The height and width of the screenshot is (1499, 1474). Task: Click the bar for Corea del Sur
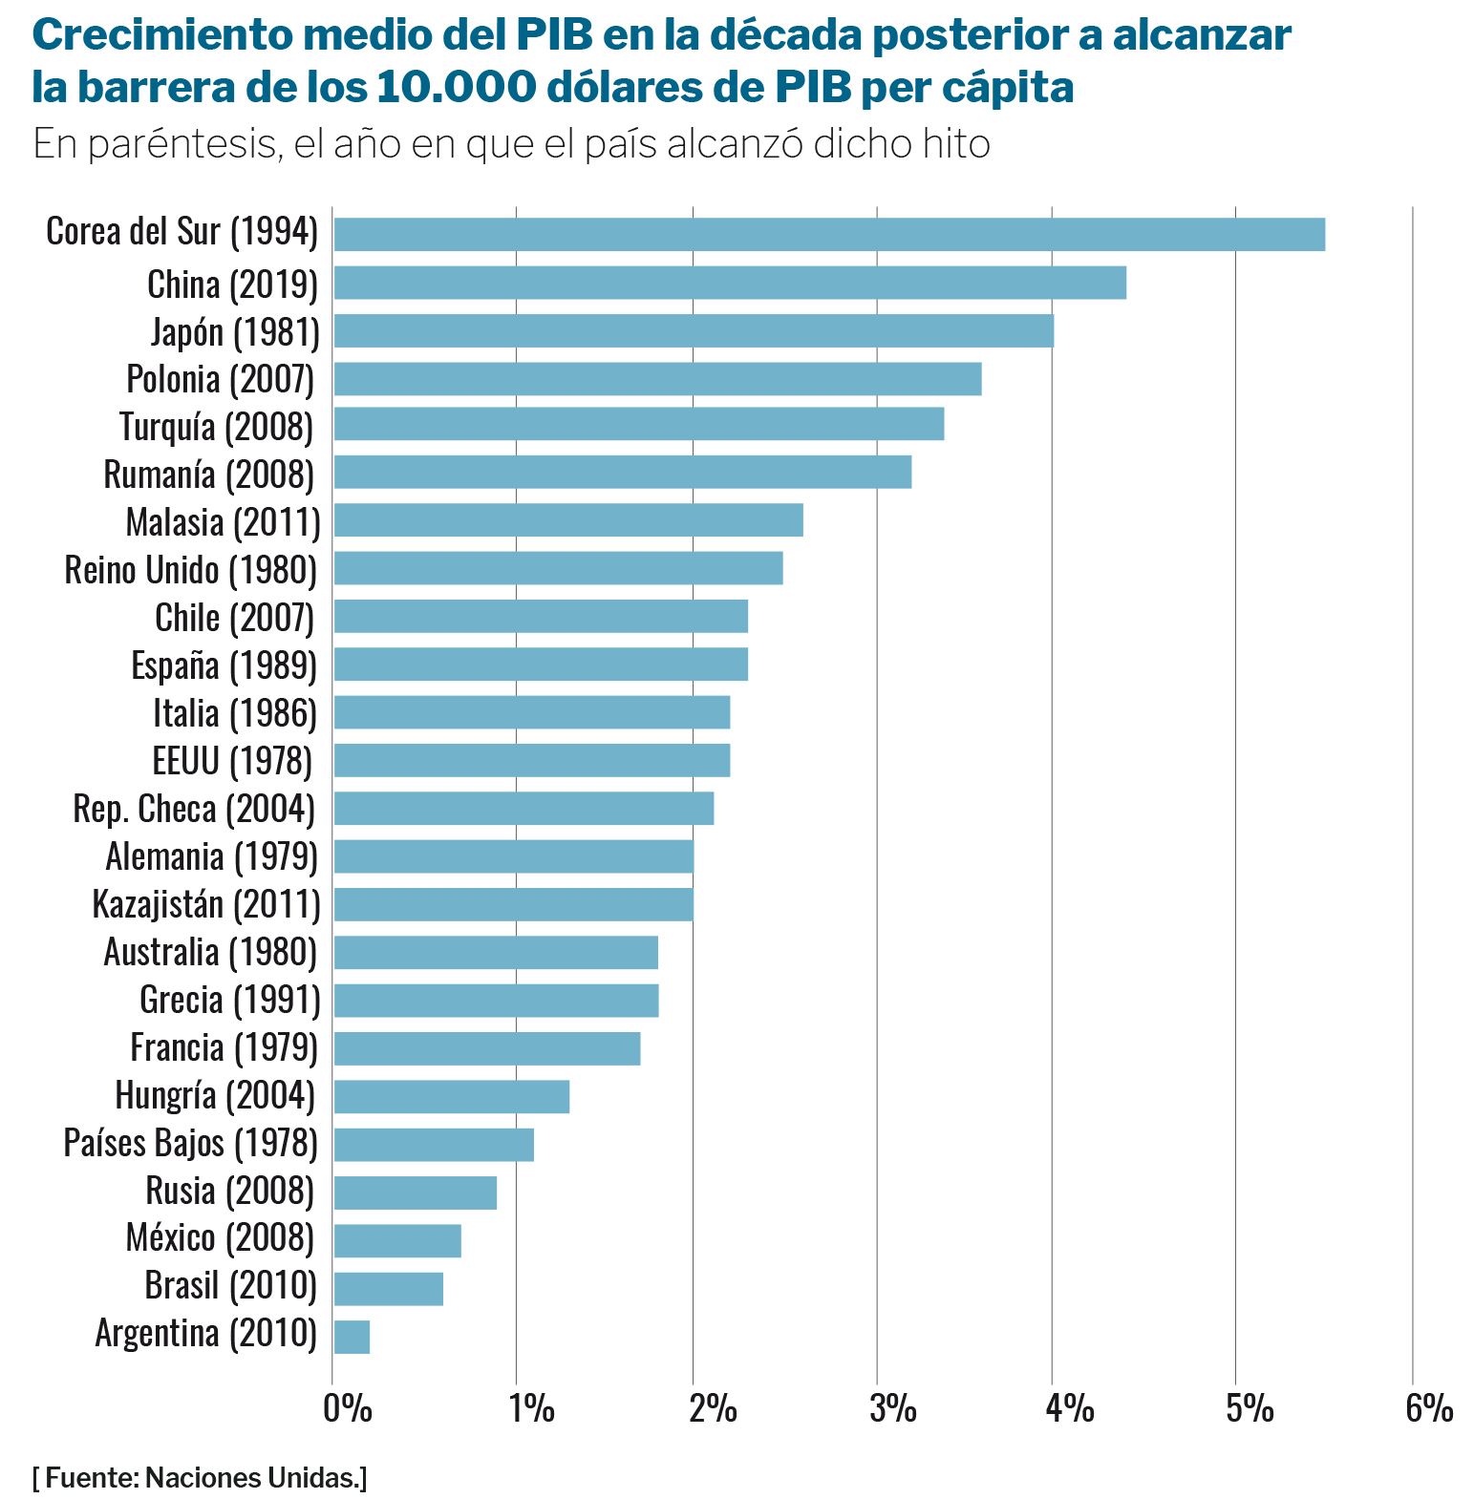828,234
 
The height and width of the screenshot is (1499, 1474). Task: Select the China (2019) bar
729,283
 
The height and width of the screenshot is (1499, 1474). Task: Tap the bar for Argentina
352,1336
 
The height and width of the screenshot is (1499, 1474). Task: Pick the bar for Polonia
657,378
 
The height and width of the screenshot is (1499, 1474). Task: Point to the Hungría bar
451,1096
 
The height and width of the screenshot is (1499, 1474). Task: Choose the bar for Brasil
388,1288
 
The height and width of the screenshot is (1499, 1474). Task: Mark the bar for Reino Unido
558,568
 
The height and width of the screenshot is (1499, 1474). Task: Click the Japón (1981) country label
235,331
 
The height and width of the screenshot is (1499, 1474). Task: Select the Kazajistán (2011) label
206,903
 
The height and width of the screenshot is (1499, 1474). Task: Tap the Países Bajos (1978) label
190,1143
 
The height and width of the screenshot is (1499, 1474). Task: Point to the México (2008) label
220,1238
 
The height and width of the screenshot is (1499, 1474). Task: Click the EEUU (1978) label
232,761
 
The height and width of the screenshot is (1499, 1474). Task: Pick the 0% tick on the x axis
347,1408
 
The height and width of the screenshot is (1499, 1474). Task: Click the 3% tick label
892,1408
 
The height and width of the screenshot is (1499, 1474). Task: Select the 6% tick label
1428,1408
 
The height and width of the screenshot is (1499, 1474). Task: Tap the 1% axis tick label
530,1408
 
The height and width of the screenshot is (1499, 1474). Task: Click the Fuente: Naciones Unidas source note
199,1478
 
